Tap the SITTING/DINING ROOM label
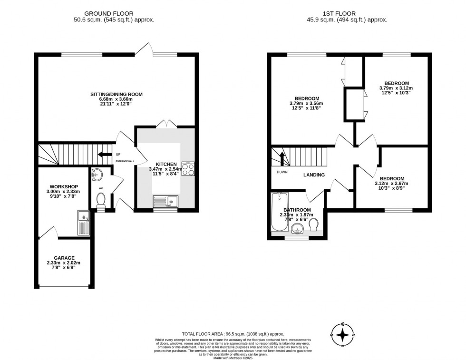point(116,94)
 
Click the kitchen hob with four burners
point(188,169)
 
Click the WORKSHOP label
point(63,186)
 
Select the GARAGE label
point(64,258)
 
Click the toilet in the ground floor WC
point(100,202)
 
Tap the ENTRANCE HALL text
point(124,161)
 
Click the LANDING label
point(314,175)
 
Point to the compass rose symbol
point(342,335)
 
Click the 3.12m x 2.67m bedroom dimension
point(392,184)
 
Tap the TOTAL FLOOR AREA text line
point(233,334)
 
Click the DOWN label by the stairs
point(282,172)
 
